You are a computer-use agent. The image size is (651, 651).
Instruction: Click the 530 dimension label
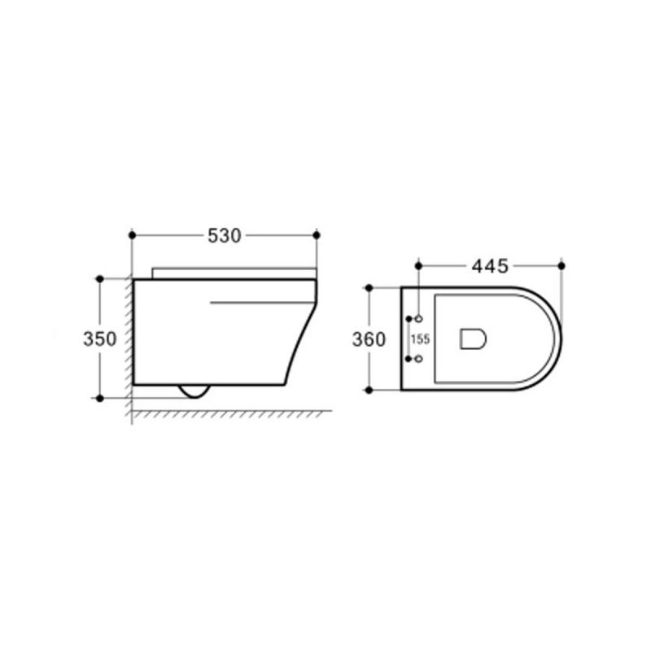(225, 236)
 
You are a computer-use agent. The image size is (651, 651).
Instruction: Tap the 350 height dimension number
(99, 339)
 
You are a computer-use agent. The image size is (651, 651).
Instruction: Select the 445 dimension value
(490, 266)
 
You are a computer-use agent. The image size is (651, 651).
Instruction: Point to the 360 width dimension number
(369, 339)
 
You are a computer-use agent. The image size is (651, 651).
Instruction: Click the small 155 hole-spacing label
(420, 339)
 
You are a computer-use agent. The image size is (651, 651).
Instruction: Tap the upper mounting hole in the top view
(419, 319)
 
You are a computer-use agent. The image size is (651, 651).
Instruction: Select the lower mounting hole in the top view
(419, 358)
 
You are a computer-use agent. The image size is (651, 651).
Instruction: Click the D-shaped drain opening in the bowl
(473, 339)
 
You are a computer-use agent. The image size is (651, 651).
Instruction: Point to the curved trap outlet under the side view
(194, 391)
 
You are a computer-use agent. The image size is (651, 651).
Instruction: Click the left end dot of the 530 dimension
(133, 235)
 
